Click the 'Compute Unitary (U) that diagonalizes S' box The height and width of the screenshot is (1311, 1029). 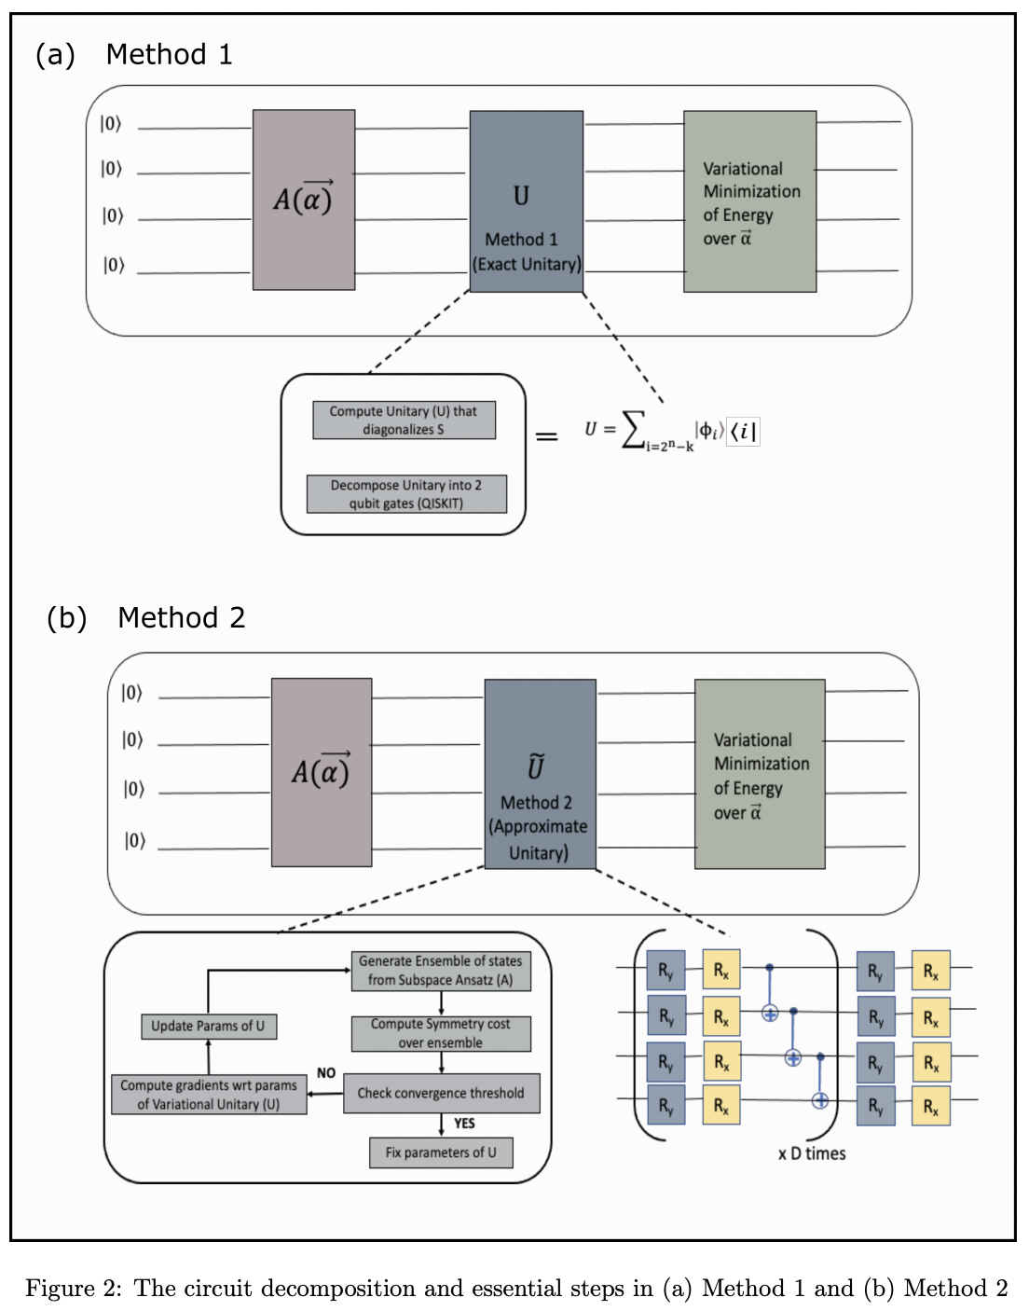404,421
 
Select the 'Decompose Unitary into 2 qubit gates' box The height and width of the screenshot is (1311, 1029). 406,494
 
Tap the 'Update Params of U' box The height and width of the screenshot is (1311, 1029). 208,1026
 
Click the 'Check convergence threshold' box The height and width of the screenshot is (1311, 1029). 441,1093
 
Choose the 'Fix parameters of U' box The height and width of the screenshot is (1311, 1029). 441,1152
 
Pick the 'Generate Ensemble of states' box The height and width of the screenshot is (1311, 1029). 441,971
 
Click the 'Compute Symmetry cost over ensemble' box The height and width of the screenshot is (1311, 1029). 441,1033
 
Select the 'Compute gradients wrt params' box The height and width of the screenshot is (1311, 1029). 209,1095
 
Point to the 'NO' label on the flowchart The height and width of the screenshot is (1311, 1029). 326,1073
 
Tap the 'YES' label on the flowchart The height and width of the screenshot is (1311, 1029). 464,1124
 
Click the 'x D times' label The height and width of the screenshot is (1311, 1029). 812,1153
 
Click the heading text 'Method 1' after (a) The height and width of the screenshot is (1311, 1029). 169,55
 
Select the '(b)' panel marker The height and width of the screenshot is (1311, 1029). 66,618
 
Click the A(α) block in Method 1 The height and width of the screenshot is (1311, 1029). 303,199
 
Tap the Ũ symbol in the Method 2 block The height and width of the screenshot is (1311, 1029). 536,766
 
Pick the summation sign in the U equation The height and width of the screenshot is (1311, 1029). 634,430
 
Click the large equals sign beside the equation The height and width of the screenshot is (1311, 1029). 547,435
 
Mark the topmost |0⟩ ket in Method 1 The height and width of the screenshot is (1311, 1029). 111,124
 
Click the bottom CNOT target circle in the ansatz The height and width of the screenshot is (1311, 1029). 820,1100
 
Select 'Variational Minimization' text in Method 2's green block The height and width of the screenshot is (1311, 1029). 761,752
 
